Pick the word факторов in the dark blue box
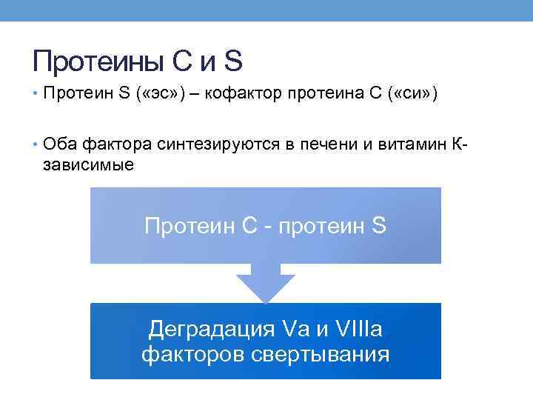point(188,354)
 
